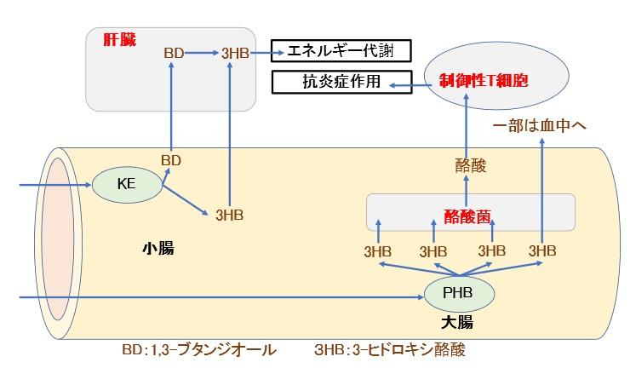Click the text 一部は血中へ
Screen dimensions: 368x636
tap(541, 127)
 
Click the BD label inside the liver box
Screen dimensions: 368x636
tap(174, 54)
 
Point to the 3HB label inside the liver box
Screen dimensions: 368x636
tap(234, 54)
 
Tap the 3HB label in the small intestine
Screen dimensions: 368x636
tap(230, 215)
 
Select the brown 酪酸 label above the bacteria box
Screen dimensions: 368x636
tap(470, 167)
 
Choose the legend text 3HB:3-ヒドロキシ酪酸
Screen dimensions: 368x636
tap(390, 349)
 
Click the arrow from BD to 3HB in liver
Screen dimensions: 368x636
tap(202, 54)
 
